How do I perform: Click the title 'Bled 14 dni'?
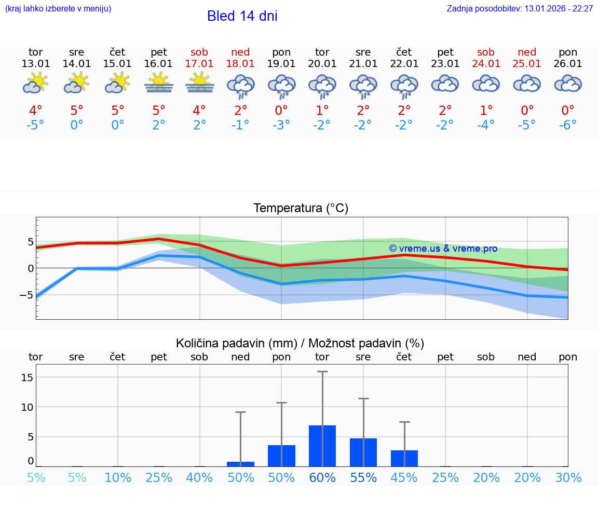click(x=242, y=16)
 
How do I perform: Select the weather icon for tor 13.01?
click(x=35, y=83)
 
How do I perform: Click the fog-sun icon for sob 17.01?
click(x=199, y=83)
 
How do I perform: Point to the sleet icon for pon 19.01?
click(x=281, y=86)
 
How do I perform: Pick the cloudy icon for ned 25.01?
click(x=527, y=83)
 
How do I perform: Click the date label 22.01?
click(x=404, y=64)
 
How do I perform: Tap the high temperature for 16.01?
click(x=158, y=111)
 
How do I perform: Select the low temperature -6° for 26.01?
click(x=568, y=125)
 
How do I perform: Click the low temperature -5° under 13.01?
click(x=35, y=125)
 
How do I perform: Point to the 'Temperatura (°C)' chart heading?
click(x=301, y=209)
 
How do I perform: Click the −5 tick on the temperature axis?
click(x=26, y=295)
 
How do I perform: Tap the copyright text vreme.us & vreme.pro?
click(x=443, y=249)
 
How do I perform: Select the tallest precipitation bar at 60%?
click(x=322, y=446)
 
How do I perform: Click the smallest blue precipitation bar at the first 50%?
click(x=240, y=464)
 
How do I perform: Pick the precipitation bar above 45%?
click(x=404, y=458)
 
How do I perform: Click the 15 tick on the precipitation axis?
click(x=27, y=377)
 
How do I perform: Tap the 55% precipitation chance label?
click(x=363, y=477)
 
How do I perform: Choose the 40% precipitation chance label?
click(x=199, y=477)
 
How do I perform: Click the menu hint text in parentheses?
click(x=58, y=9)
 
